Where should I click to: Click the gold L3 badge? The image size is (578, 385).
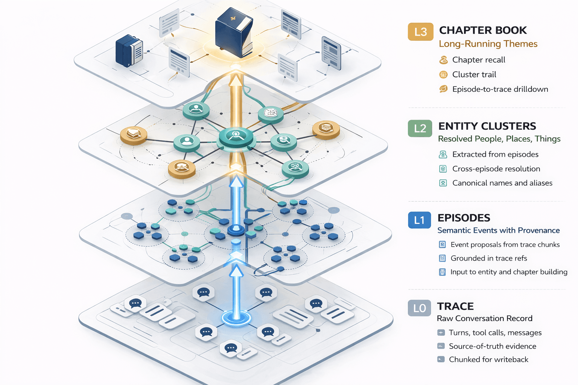pos(420,32)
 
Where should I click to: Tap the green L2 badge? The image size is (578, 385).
pos(420,128)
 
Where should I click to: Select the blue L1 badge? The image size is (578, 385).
pos(419,220)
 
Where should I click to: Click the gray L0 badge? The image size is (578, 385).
pos(419,308)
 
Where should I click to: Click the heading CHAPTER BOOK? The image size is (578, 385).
pos(483,30)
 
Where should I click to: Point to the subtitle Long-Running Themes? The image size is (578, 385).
pos(488,44)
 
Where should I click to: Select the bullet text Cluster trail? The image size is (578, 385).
pos(474,74)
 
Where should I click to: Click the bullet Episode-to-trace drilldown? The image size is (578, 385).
pos(500,89)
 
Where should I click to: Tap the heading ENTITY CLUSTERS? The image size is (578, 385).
pos(487,126)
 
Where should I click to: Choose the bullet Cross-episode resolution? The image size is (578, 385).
pos(496,169)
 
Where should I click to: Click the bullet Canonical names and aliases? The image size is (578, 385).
pos(502,183)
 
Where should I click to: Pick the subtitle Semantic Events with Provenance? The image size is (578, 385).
pos(498,230)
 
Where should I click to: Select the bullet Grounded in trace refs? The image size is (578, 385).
pos(488,258)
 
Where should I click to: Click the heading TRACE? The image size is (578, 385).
pos(455,306)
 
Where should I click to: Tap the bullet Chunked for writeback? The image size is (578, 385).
pos(488,359)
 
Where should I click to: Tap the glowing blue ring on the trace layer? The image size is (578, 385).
pos(236,318)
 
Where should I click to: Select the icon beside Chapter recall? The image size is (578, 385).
pos(444,60)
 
